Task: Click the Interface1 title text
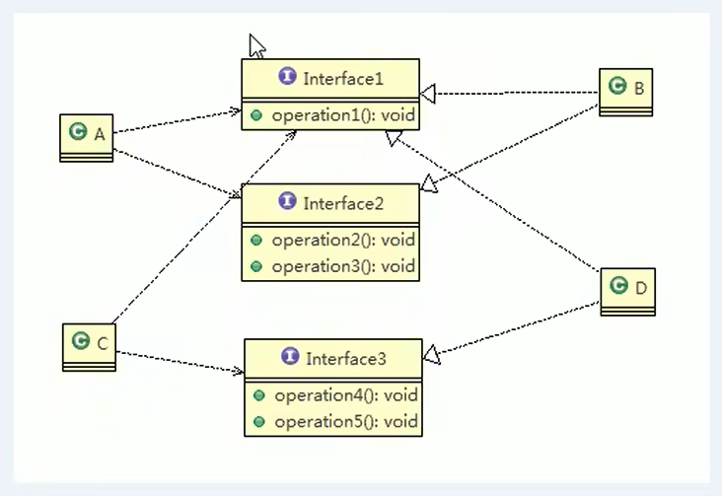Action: pos(343,79)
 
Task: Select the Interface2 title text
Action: pos(343,203)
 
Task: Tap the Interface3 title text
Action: pos(346,359)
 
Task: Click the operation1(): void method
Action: pos(343,115)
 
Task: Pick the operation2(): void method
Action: pos(343,240)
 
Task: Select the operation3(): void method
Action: pos(343,266)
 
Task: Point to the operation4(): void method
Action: pos(346,395)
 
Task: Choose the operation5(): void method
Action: pos(346,421)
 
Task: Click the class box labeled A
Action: pos(87,138)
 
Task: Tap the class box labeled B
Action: pos(625,92)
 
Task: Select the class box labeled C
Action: pos(90,347)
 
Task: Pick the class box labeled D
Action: pos(628,292)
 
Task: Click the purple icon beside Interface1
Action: pos(287,76)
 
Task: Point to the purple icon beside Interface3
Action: pos(290,356)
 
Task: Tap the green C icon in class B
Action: pos(617,85)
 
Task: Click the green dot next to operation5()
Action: pos(259,422)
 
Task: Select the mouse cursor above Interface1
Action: pos(256,46)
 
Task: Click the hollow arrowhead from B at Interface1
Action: pos(428,94)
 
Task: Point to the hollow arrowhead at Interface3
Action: pos(431,355)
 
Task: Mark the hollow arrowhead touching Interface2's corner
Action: pos(429,183)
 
